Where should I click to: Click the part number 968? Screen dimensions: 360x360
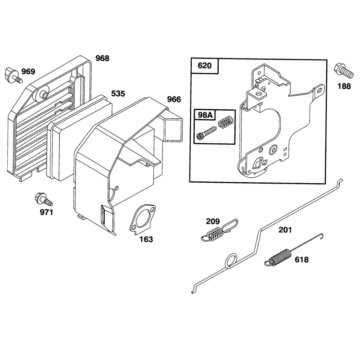coord(103,58)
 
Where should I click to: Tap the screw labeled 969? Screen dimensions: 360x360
coord(13,75)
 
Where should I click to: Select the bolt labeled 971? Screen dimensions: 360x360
coord(44,199)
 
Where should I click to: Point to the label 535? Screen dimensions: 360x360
coord(118,94)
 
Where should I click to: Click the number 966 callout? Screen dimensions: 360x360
coord(174,99)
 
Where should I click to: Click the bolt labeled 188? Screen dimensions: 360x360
coord(343,71)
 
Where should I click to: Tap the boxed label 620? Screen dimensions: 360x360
coord(205,66)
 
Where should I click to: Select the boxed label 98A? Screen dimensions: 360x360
coord(205,115)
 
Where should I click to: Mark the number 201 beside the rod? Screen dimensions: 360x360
coord(285,230)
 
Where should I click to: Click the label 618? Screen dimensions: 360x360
coord(301,260)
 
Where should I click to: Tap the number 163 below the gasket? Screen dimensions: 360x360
coord(146,239)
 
